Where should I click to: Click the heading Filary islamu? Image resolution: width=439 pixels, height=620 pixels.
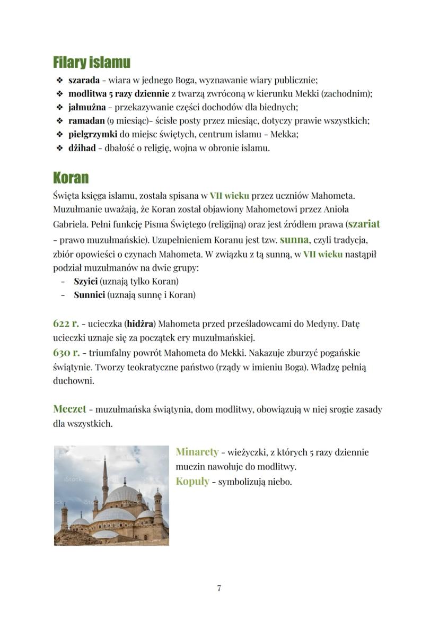(x=91, y=63)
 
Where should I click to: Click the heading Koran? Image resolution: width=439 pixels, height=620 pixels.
(x=71, y=177)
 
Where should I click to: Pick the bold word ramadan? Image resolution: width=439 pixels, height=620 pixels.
(x=86, y=121)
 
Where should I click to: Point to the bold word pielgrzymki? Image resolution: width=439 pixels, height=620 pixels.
(x=93, y=135)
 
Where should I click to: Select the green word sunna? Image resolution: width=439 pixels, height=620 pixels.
(x=294, y=239)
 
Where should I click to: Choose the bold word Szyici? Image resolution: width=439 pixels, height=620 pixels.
(x=85, y=281)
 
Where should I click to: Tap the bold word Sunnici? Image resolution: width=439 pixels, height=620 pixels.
(x=89, y=295)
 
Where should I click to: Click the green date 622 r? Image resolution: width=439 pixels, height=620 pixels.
(x=66, y=323)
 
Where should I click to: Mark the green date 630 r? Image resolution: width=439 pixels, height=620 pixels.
(x=66, y=352)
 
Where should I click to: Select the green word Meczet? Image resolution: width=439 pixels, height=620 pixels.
(x=69, y=409)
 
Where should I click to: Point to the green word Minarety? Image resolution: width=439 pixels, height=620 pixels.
(x=197, y=452)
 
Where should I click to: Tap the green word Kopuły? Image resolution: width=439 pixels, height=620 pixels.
(x=192, y=482)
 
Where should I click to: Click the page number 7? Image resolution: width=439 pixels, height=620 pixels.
(x=219, y=588)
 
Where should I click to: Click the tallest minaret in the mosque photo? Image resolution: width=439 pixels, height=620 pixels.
(x=104, y=477)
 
